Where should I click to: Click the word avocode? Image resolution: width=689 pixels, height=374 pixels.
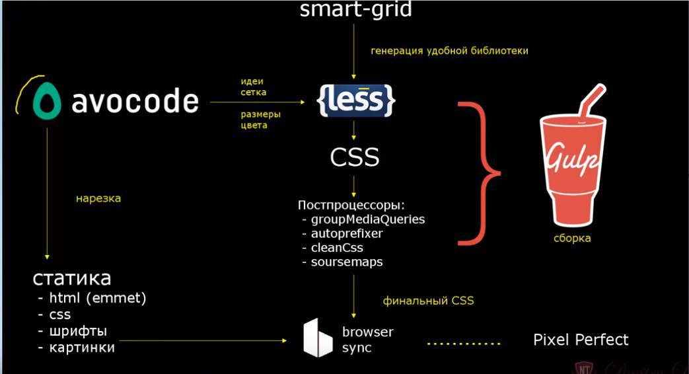point(134,102)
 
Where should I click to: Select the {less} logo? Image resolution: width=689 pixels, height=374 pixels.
point(357,100)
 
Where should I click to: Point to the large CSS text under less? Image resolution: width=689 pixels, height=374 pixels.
point(354,157)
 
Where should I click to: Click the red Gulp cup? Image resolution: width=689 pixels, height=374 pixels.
point(572,172)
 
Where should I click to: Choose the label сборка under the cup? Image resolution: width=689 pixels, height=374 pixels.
point(572,238)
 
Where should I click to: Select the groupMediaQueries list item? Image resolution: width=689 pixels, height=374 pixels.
point(367,219)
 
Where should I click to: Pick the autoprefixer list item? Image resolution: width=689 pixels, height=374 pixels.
point(346,233)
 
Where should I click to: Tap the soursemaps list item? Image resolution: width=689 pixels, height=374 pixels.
point(346,262)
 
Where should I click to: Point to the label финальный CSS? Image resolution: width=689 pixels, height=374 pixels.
point(428,301)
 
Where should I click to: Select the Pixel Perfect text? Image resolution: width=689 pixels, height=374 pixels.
point(581,340)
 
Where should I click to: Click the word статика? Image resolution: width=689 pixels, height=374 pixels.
point(73,278)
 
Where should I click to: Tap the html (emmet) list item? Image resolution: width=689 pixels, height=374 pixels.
point(97,298)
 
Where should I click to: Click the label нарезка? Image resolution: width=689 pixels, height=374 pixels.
point(98,198)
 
